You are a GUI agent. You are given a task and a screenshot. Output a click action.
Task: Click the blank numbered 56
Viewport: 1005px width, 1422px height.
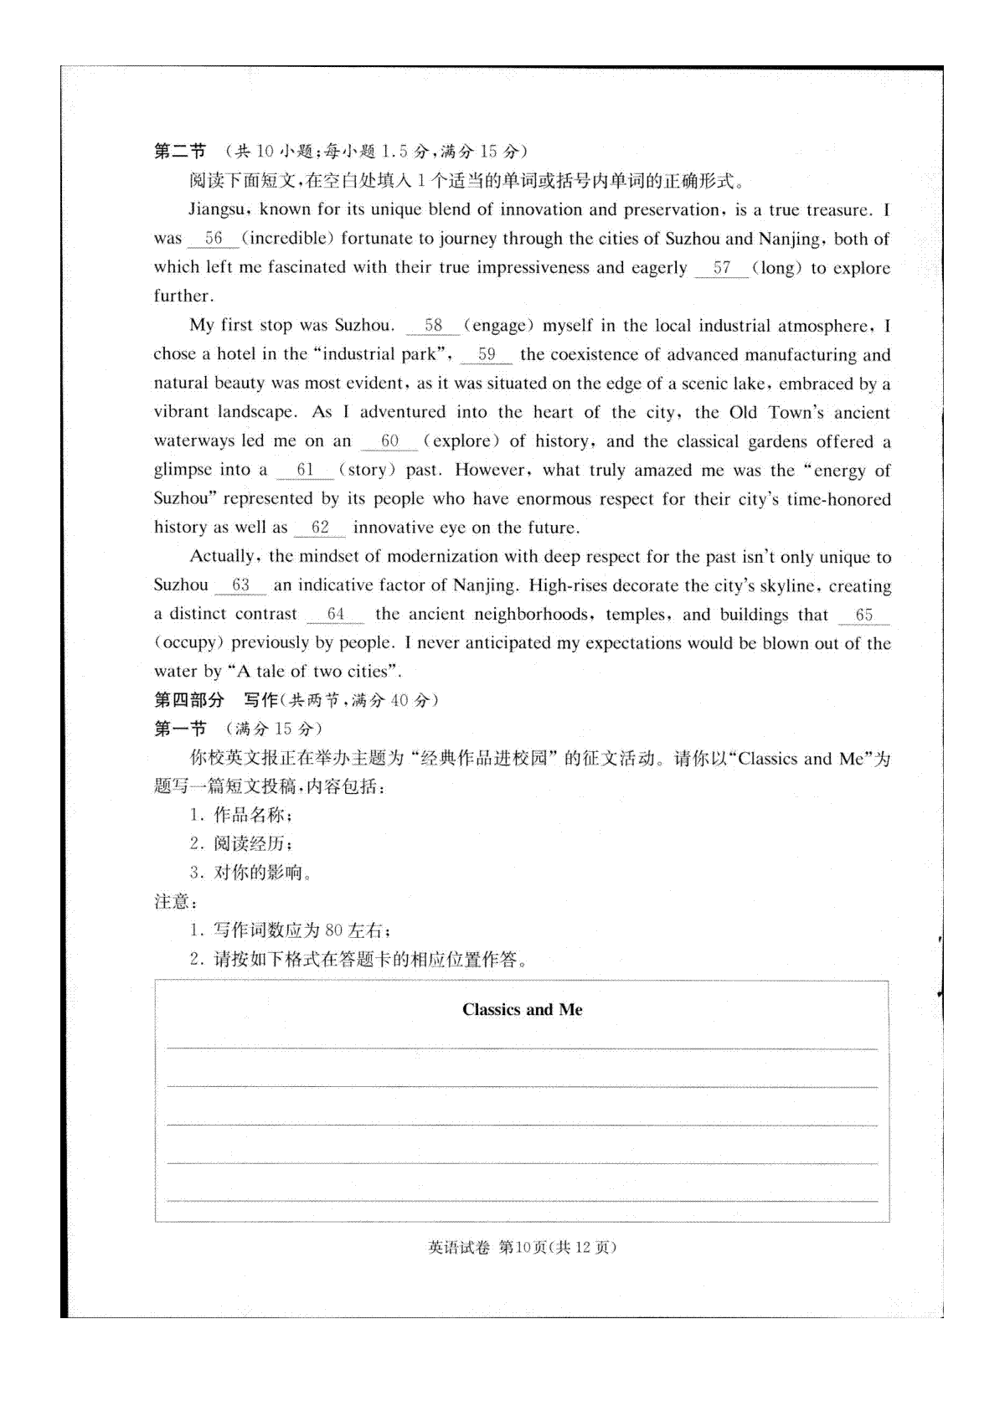pyautogui.click(x=214, y=239)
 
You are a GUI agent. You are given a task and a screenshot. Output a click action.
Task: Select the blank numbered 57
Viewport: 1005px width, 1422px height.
pyautogui.click(x=721, y=268)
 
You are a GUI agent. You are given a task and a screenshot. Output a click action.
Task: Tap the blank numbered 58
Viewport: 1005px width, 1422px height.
pyautogui.click(x=433, y=326)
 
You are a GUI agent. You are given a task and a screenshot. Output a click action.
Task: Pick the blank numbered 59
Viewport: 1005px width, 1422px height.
pyautogui.click(x=487, y=354)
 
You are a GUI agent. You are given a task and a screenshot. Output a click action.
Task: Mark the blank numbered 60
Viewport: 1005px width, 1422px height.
pyautogui.click(x=389, y=441)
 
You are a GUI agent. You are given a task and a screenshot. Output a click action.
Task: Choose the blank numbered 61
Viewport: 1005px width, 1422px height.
pyautogui.click(x=305, y=470)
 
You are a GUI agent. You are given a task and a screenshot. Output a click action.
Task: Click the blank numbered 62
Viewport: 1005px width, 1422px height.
pyautogui.click(x=320, y=528)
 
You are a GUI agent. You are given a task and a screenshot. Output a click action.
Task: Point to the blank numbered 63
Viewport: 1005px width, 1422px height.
pyautogui.click(x=240, y=585)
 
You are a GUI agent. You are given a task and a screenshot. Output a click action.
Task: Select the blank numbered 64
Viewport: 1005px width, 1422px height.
pyautogui.click(x=336, y=615)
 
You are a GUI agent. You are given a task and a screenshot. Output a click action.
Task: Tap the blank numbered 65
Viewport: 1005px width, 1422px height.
pyautogui.click(x=863, y=615)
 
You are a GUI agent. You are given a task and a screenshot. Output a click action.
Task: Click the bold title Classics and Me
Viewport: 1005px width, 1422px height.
pyautogui.click(x=522, y=1010)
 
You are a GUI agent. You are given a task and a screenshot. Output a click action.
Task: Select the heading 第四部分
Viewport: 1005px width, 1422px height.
pyautogui.click(x=189, y=700)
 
